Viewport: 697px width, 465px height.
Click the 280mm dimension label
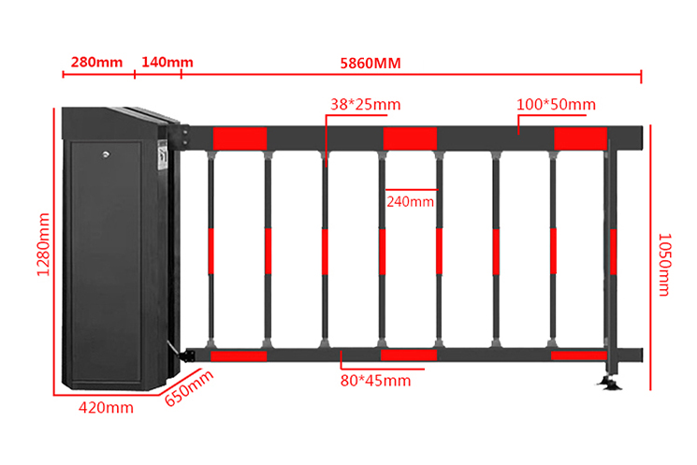tap(97, 62)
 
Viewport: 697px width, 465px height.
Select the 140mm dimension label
tap(167, 62)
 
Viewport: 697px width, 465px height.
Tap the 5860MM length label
tap(370, 63)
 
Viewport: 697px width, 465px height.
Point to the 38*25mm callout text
tap(366, 105)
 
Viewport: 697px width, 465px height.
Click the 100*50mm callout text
tap(556, 105)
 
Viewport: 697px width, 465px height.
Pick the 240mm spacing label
tap(410, 202)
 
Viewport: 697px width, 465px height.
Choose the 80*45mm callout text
tap(375, 381)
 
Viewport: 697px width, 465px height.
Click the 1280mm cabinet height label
tap(44, 244)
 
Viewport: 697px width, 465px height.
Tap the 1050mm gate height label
tap(663, 265)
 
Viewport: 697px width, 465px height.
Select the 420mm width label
tap(106, 408)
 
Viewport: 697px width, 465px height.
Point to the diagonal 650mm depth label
tap(189, 387)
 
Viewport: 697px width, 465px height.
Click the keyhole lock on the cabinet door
tap(106, 154)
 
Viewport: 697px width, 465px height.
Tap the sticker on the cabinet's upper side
tap(162, 154)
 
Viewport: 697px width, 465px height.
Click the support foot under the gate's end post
tap(609, 383)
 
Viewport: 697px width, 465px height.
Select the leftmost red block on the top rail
tap(240, 138)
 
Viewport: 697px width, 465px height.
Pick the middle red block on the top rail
tap(410, 138)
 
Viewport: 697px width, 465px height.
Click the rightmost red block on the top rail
tap(580, 138)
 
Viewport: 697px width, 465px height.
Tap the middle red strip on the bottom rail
tap(409, 355)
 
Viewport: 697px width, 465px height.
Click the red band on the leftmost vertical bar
tap(211, 252)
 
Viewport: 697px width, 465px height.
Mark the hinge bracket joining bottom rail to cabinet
tap(187, 356)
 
